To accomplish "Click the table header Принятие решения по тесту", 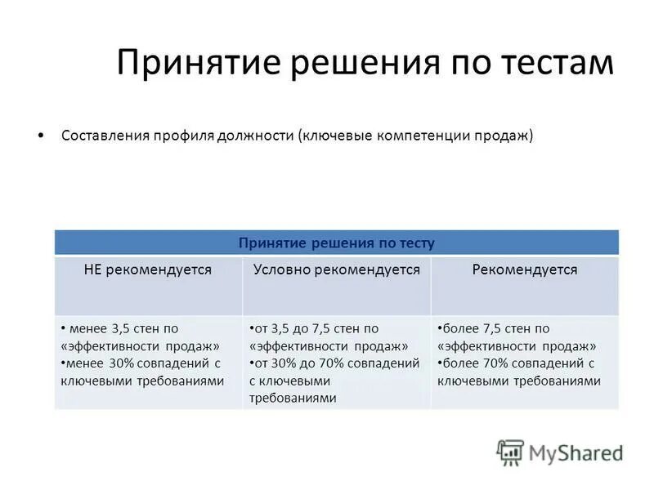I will (x=336, y=243).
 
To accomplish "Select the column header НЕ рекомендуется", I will (x=148, y=269).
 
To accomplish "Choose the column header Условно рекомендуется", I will (x=336, y=269).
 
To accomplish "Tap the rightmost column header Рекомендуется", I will (x=524, y=269).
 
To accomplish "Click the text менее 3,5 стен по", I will (x=123, y=328).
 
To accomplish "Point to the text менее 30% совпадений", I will (x=136, y=363).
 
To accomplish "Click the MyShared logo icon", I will (x=510, y=452).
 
